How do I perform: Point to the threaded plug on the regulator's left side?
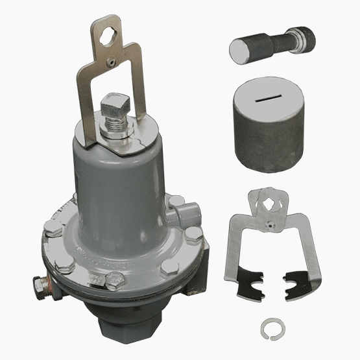(40, 283)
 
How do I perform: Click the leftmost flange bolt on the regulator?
(50, 228)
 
